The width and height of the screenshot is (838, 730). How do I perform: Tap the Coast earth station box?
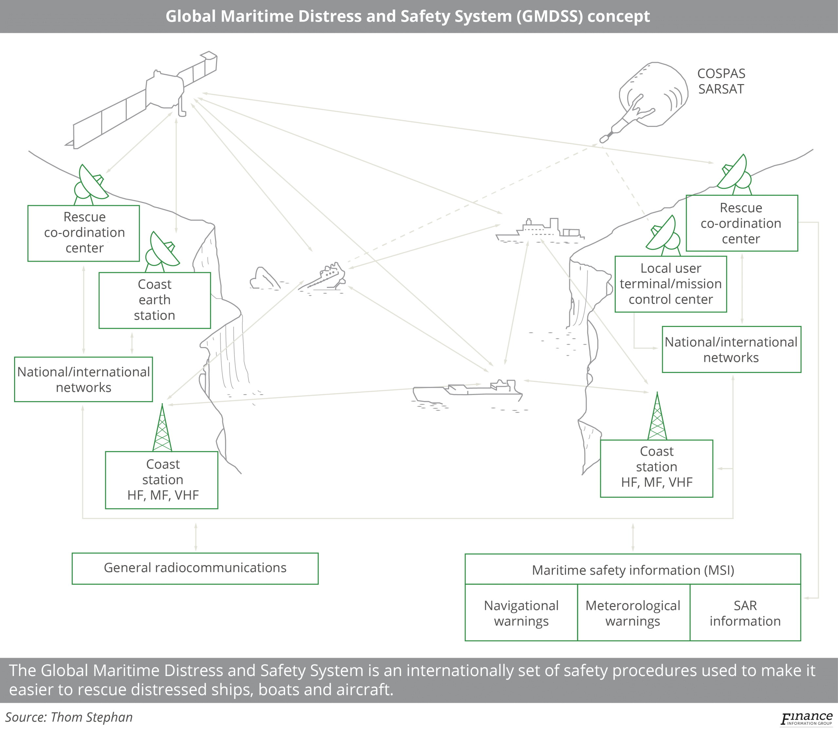coord(155,300)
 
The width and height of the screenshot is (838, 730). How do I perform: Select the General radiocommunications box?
coord(195,568)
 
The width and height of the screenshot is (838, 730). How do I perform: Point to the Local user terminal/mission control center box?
coord(670,284)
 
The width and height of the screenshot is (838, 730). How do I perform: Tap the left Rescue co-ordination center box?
coord(83,233)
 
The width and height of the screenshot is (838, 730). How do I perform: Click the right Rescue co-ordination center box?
coord(741,223)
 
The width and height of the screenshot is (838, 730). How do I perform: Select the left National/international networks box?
coord(83,379)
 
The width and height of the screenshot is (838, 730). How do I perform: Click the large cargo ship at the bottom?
coord(469,390)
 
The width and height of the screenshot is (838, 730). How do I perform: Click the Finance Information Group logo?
coord(806,719)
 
